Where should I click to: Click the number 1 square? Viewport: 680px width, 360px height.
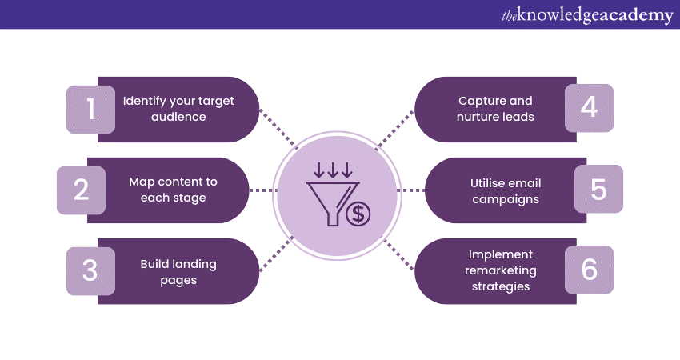(x=90, y=109)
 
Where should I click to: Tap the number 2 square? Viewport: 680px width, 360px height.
(x=81, y=190)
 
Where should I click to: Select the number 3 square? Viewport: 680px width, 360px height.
(x=90, y=270)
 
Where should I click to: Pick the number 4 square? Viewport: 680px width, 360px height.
(x=589, y=108)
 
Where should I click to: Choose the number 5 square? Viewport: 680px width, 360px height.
(x=598, y=189)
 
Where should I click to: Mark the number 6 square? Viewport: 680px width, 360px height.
(x=589, y=270)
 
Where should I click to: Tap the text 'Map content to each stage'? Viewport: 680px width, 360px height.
(x=173, y=190)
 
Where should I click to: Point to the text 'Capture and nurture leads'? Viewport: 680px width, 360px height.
(x=495, y=109)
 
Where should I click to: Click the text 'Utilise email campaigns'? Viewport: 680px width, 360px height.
(x=506, y=190)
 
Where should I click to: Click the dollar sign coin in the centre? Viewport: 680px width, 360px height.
(x=358, y=213)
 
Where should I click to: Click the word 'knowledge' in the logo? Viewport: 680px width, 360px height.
(x=555, y=14)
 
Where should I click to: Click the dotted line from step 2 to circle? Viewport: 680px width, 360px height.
(x=260, y=190)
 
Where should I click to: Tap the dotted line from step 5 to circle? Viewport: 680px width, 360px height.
(x=411, y=190)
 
